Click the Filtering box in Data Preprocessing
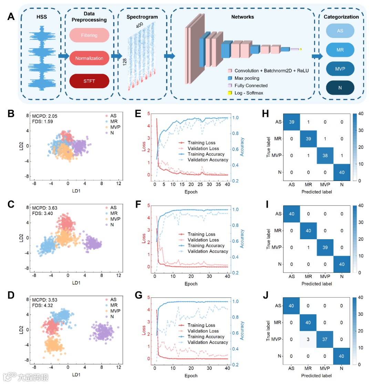point(89,35)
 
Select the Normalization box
point(89,58)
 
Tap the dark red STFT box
point(89,81)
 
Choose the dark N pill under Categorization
point(340,88)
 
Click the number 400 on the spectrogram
point(140,26)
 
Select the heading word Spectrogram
point(142,17)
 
